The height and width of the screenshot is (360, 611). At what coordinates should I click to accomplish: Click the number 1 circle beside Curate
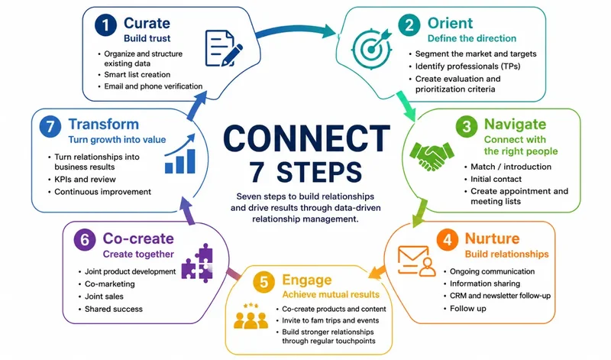coord(105,25)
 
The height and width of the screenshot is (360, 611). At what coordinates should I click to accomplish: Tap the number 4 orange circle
coord(448,239)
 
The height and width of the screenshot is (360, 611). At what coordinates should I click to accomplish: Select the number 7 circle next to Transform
coord(50,126)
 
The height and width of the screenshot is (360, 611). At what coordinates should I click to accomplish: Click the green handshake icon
coord(432,156)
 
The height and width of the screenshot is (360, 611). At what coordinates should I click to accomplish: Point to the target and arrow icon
coord(371,48)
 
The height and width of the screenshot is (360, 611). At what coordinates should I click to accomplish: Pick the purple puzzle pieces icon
coord(197,263)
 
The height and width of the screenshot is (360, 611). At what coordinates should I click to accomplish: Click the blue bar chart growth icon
coord(179,154)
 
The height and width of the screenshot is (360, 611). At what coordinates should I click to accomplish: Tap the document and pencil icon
coord(224,48)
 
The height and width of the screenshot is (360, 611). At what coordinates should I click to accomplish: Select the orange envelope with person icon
coord(416,261)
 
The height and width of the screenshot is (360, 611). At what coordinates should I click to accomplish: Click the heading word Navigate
coord(515,125)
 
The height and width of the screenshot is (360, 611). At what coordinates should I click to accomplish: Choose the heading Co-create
coord(138,238)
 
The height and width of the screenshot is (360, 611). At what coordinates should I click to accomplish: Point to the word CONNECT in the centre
coord(307,138)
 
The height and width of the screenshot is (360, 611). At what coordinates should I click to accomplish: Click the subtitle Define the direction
coord(472,38)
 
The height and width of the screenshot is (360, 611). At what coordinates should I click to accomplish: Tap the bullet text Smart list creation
coord(137,74)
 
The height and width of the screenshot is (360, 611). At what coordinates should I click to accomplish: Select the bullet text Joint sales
coord(104,297)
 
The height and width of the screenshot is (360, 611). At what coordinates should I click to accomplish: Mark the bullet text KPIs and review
coord(85,180)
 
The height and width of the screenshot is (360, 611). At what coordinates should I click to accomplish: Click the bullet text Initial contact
coord(496,179)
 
